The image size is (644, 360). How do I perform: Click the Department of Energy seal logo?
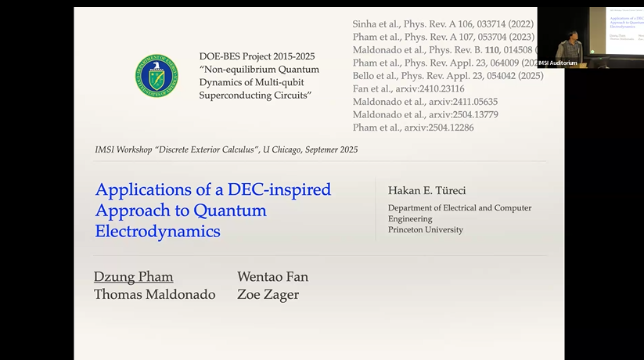(156, 76)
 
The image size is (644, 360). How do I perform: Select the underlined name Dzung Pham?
(133, 276)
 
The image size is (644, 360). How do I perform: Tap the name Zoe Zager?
(268, 295)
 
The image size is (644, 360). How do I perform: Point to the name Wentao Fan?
(272, 276)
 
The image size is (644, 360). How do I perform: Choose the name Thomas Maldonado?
(154, 295)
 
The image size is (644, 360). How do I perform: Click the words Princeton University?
(425, 230)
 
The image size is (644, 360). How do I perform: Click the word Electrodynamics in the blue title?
(157, 232)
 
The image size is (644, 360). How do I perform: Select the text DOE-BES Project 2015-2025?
(249, 56)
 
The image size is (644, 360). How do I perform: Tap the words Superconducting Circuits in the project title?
(255, 95)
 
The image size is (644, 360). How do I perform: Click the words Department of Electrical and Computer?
(459, 208)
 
